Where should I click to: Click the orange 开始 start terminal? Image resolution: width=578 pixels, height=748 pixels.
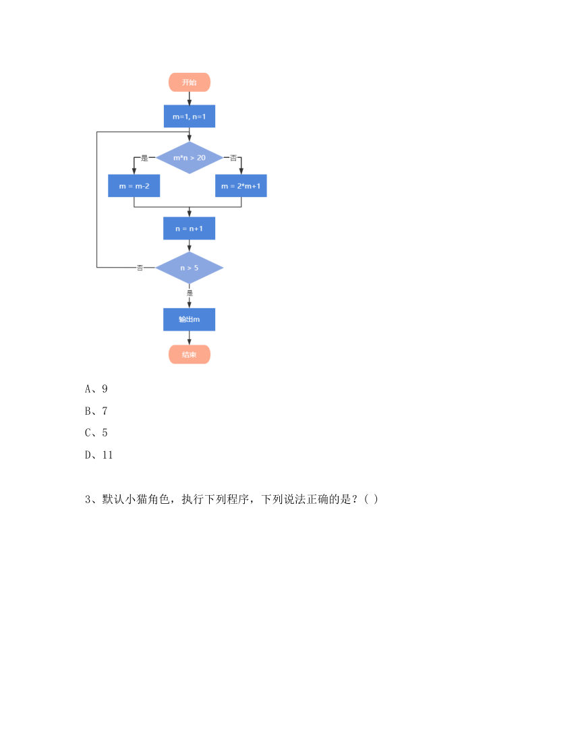pos(190,82)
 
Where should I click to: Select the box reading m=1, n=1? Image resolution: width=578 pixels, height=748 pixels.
pos(190,117)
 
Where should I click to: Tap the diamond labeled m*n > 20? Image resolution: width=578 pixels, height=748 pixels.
pos(190,157)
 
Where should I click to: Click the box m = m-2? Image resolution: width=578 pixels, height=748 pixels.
pos(134,185)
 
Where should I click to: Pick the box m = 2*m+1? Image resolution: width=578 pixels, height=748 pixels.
pos(241,185)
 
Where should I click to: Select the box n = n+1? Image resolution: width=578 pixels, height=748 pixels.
pos(190,229)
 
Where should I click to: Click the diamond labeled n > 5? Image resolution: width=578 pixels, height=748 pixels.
pos(190,268)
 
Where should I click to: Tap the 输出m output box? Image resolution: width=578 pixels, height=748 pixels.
pos(190,319)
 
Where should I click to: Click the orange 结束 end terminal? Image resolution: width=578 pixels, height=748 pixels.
pos(190,355)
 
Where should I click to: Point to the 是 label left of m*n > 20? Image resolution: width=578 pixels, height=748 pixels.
pos(144,158)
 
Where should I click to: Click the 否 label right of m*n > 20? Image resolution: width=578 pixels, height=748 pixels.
pos(233,158)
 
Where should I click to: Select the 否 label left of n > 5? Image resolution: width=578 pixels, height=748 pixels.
pos(140,268)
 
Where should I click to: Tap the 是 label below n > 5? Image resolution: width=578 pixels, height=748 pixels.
pos(190,293)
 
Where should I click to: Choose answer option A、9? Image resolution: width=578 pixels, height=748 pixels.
pos(96,389)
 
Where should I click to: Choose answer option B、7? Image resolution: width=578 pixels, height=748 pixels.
pos(96,411)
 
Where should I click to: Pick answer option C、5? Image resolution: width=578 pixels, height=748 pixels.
pos(96,432)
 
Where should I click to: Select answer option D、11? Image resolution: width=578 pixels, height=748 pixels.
pos(98,455)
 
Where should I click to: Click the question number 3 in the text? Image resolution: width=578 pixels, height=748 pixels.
pos(88,499)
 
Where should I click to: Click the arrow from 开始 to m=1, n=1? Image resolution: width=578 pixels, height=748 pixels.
pos(190,98)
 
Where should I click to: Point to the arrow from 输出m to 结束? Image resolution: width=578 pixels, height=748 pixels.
pos(190,338)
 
